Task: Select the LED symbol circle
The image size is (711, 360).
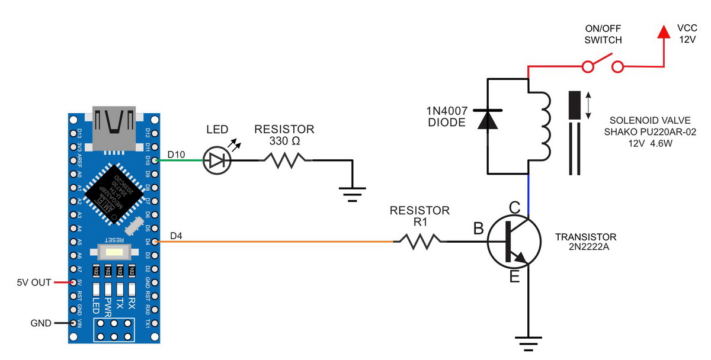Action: (215, 160)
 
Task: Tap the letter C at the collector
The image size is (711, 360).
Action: (515, 208)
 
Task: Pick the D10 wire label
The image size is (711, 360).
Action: (176, 155)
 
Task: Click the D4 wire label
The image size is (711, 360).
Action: (176, 236)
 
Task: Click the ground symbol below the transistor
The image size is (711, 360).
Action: (525, 342)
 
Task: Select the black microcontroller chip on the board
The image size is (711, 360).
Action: (114, 189)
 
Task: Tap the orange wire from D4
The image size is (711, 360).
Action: (273, 242)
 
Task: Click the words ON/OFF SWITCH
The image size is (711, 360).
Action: (603, 35)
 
